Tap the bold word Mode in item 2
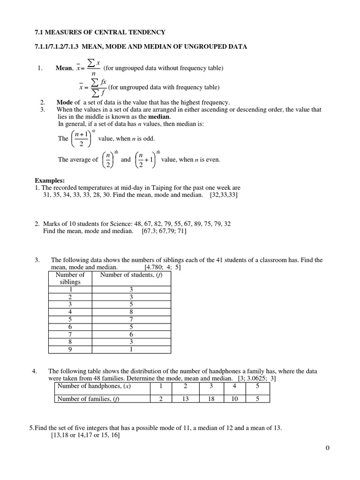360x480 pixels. pyautogui.click(x=65, y=102)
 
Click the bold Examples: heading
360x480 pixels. pyautogui.click(x=50, y=180)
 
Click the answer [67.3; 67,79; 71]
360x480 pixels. pyautogui.click(x=164, y=231)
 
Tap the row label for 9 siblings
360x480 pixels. pyautogui.click(x=70, y=349)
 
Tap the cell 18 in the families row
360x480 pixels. pyautogui.click(x=211, y=399)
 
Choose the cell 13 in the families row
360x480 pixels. pyautogui.click(x=185, y=399)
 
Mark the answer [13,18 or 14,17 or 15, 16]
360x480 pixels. pyautogui.click(x=85, y=435)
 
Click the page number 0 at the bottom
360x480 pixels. pyautogui.click(x=328, y=448)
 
